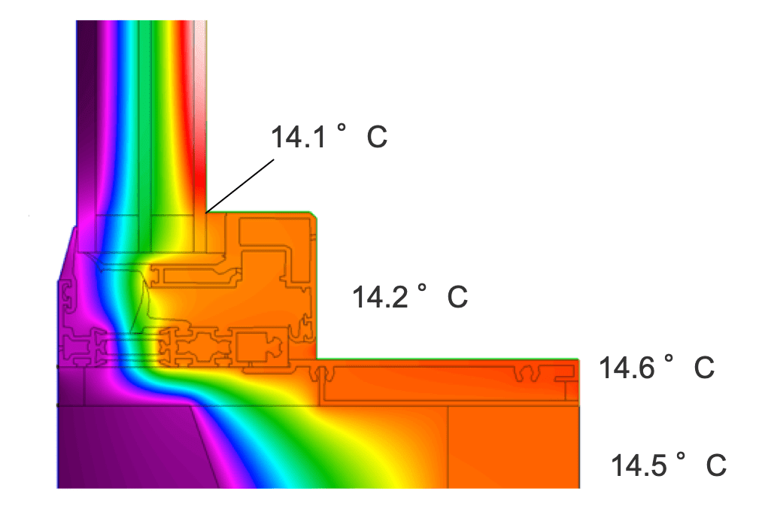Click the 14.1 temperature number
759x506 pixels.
click(298, 137)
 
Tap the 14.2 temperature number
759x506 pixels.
click(380, 296)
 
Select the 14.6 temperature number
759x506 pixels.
click(627, 368)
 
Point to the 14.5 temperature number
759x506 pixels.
click(639, 465)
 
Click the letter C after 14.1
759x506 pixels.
click(377, 137)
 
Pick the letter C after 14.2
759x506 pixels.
click(457, 296)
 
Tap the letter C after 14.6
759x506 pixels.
click(704, 368)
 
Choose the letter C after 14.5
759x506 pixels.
click(716, 465)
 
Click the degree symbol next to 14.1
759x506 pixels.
click(342, 129)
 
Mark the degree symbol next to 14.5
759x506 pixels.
click(681, 456)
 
